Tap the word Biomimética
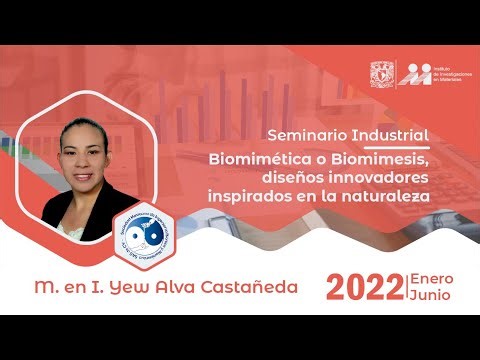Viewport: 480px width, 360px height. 259,158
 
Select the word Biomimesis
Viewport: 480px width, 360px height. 382,158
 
